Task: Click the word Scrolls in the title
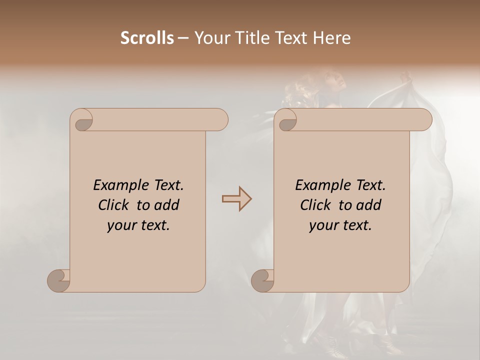click(147, 38)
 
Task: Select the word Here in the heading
click(331, 38)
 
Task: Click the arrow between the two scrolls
click(236, 199)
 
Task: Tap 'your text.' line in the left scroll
click(138, 225)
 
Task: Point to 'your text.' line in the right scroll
click(340, 225)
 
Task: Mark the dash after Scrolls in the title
click(183, 38)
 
